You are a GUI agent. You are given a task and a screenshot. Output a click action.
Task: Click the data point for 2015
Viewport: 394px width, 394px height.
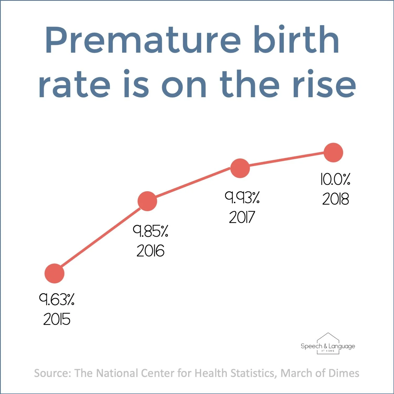[x=54, y=273]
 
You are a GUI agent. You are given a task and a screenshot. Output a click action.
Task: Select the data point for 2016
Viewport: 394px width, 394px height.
[x=147, y=201]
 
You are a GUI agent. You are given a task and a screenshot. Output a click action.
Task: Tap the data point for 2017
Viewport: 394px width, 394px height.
[x=240, y=168]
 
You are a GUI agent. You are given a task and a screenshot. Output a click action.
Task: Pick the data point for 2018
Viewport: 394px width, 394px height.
[x=333, y=153]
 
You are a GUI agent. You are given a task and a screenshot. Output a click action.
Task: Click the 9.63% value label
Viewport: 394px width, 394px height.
[x=57, y=299]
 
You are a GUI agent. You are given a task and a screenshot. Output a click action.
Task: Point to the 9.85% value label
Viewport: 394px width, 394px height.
[x=150, y=231]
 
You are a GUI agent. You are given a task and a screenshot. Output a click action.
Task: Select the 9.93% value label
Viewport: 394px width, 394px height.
[x=242, y=198]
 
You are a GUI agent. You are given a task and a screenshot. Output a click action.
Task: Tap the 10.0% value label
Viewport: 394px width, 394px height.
[x=335, y=179]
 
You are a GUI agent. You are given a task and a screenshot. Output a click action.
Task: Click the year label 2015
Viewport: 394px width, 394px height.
[x=57, y=319]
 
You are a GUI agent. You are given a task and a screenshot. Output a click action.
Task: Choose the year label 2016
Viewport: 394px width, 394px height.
[x=150, y=251]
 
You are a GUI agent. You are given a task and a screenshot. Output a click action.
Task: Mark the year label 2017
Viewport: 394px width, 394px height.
[x=242, y=217]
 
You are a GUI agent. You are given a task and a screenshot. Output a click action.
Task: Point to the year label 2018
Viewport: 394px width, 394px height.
[x=335, y=199]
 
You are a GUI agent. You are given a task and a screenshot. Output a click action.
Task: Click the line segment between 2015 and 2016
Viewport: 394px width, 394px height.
[x=101, y=237]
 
